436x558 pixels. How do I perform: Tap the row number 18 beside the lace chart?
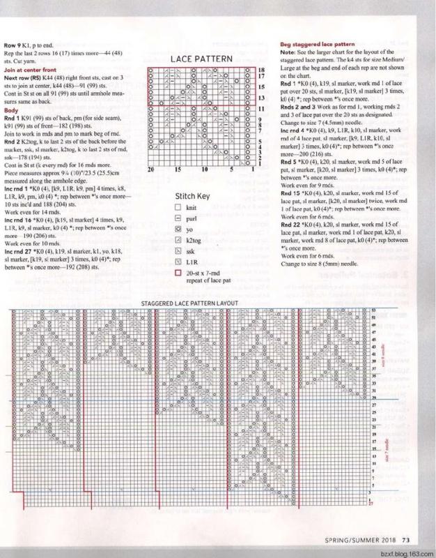(260, 70)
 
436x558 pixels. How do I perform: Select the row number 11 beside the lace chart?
(260, 110)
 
